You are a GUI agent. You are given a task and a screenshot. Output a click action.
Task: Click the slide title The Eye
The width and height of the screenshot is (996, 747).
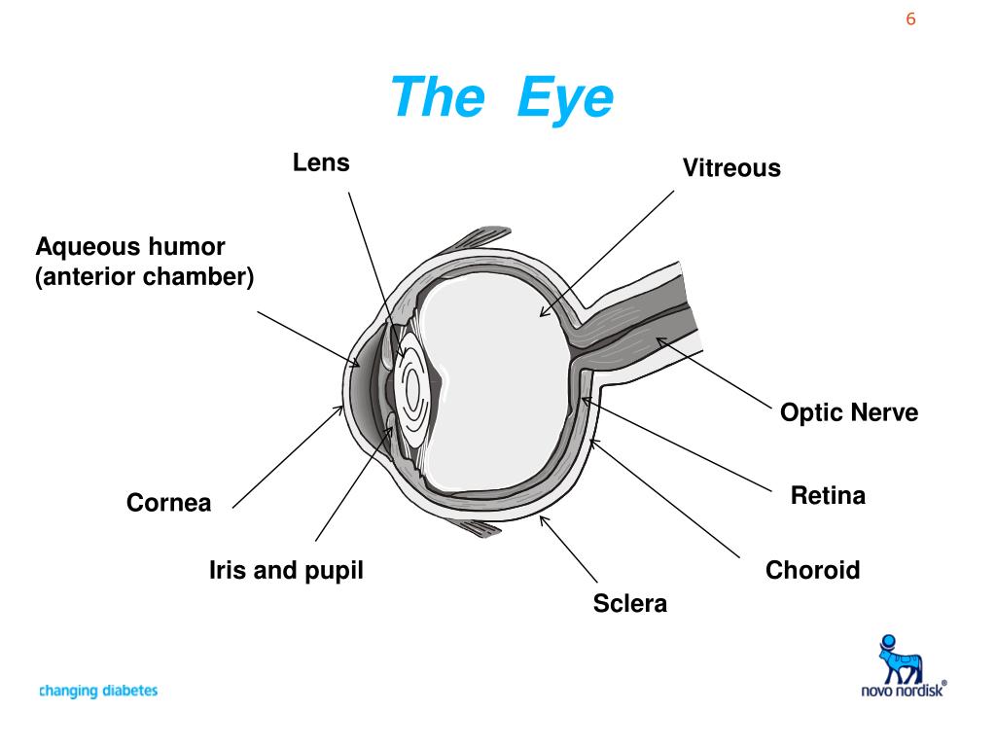tap(502, 98)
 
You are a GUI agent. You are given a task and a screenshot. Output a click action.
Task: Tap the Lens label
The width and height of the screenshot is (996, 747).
tap(321, 162)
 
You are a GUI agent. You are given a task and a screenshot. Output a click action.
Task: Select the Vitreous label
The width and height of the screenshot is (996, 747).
tap(731, 168)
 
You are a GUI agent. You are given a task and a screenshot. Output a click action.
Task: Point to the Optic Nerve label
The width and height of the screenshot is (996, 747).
tap(849, 412)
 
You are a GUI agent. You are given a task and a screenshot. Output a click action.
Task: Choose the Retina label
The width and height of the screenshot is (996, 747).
tap(828, 496)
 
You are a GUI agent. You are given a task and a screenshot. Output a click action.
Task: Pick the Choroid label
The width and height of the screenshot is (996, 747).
tap(813, 570)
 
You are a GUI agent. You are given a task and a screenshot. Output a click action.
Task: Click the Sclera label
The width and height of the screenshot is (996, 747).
tap(630, 603)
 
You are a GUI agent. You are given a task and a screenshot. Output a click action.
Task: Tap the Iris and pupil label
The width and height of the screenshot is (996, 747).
tap(286, 570)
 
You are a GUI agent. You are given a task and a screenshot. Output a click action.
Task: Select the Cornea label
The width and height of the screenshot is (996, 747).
tap(168, 504)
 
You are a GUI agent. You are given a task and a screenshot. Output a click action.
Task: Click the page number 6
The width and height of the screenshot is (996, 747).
tap(911, 19)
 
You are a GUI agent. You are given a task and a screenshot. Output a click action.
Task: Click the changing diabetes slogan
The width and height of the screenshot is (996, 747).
tap(97, 692)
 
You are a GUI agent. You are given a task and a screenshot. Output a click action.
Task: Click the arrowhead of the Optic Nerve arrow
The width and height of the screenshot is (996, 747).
tap(658, 339)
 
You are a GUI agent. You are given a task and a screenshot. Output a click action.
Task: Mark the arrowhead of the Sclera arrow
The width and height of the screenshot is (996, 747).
tap(542, 517)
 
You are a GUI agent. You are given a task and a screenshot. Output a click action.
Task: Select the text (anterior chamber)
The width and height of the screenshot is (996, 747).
tap(145, 277)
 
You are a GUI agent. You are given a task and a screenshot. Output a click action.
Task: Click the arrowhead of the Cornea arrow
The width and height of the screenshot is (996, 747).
tap(341, 409)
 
